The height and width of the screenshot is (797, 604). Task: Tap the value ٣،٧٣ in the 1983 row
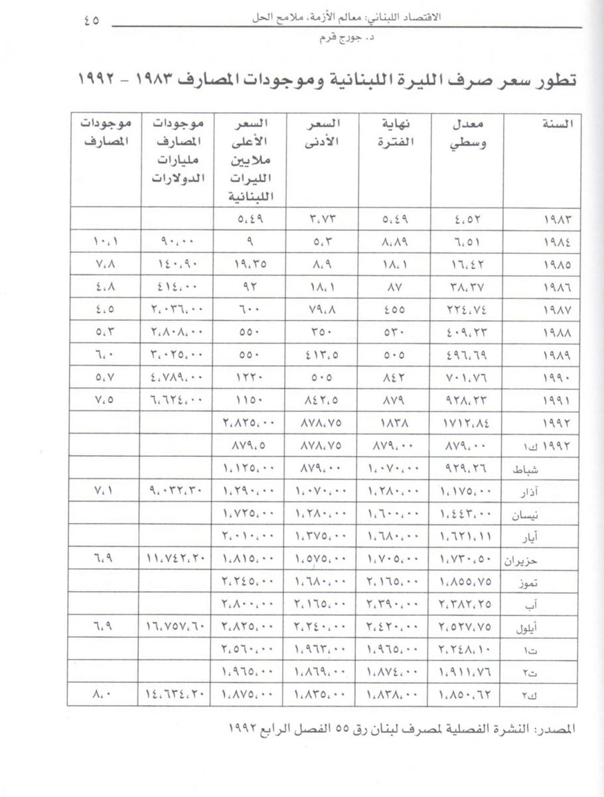coord(323,219)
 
